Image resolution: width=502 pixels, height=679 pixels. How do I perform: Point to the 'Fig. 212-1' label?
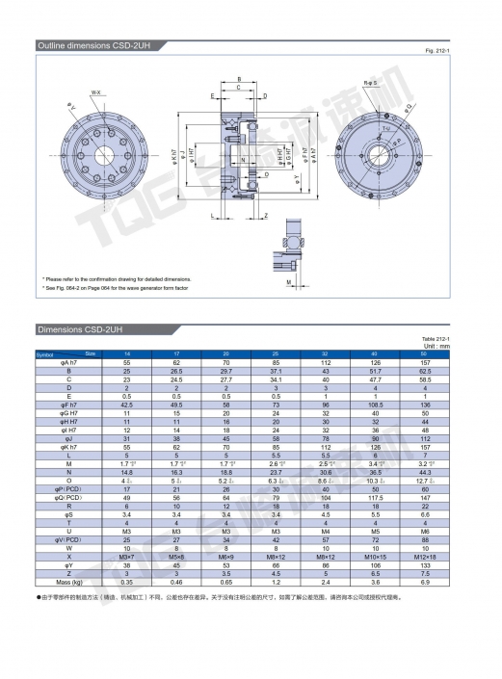452,50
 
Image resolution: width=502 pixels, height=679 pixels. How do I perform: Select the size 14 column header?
127,354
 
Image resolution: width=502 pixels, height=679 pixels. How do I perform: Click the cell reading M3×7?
127,556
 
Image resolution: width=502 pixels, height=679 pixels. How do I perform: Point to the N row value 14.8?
127,473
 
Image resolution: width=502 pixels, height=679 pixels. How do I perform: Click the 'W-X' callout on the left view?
97,92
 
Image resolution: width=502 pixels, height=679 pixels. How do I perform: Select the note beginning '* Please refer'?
117,276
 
